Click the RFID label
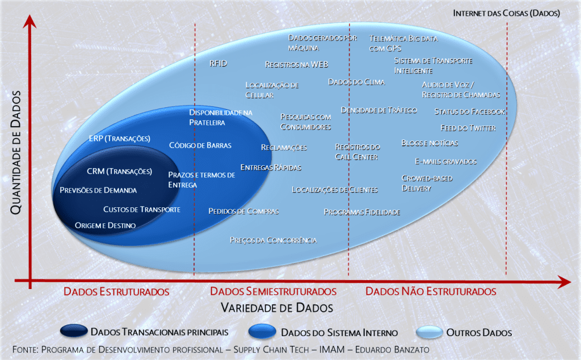pos(218,64)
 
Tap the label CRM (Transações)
pos(119,171)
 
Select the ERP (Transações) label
pos(119,139)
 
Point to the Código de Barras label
pos(200,145)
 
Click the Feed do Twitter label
pos(468,128)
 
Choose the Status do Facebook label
pos(469,112)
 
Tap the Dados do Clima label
pos(356,82)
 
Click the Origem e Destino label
pos(105,225)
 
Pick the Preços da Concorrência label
pos(273,240)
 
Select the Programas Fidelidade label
pos(362,212)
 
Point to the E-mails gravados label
pos(446,162)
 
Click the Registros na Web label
pos(296,65)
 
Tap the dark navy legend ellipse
pos(74,330)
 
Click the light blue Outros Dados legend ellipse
pos(430,332)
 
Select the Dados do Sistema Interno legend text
pos(339,333)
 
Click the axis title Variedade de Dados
pos(277,308)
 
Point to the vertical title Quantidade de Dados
pos(15,152)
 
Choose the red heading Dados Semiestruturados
pos(273,291)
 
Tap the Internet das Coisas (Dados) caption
pos(506,14)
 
